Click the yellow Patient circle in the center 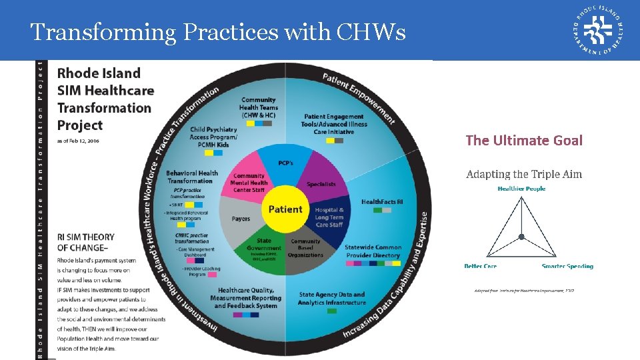tap(285, 209)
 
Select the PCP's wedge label tap(285, 163)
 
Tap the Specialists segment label tap(321, 184)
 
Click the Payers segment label tap(241, 219)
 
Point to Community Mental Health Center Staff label tap(249, 183)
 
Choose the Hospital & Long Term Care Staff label tap(329, 217)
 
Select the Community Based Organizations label tap(305, 248)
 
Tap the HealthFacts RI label tap(382, 201)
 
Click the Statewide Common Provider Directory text tap(373, 251)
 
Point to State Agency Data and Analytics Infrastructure tap(332, 298)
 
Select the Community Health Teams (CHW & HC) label tap(258, 107)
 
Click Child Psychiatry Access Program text tap(213, 137)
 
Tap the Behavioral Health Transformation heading tap(191, 177)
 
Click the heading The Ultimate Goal tap(523, 140)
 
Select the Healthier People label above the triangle tap(521, 189)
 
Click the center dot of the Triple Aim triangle tap(521, 237)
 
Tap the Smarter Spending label tap(567, 266)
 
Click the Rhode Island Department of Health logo tap(598, 30)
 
